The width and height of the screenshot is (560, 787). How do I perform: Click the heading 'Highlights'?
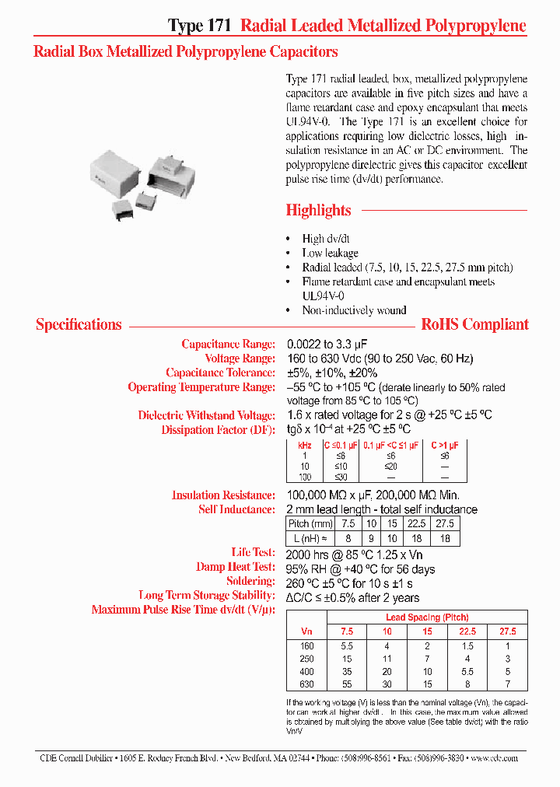(318, 210)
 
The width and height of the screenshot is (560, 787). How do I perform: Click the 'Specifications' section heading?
(79, 324)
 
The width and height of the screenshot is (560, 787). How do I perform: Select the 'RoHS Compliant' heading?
(474, 324)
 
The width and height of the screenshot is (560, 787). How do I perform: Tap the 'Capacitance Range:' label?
(228, 344)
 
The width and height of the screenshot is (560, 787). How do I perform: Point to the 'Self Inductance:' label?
(236, 509)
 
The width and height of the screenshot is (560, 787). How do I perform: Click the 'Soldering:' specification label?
(250, 581)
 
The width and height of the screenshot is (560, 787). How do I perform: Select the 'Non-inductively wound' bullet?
(354, 310)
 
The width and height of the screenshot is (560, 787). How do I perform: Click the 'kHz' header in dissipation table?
(305, 445)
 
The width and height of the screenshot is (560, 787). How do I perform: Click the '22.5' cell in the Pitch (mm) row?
(416, 523)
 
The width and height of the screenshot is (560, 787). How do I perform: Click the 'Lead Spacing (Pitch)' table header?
(427, 617)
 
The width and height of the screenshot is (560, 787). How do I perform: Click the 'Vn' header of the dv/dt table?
(306, 631)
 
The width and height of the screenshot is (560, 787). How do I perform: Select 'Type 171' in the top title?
(199, 26)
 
